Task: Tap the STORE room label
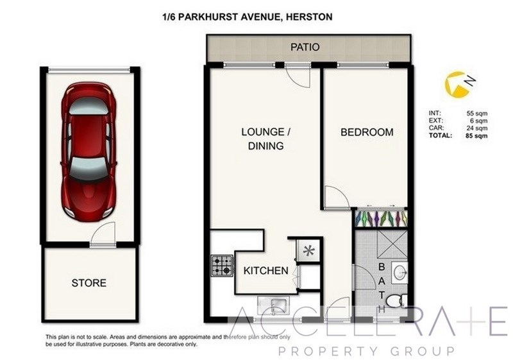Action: pos(89,283)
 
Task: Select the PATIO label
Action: pos(305,47)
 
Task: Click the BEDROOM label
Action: pos(367,132)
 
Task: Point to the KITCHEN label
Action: pos(266,271)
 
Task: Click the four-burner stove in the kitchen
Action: pos(222,266)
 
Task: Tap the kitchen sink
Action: pos(274,305)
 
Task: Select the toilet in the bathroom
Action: pos(396,301)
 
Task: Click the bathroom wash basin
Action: pos(400,272)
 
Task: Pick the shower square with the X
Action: pos(392,245)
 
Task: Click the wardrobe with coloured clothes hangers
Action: pos(381,218)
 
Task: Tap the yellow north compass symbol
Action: pos(457,85)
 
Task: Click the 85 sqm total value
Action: pos(476,136)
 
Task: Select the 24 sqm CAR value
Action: pos(477,128)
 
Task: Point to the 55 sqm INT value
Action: pos(477,114)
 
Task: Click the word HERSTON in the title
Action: pos(309,17)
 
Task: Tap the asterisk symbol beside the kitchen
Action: pos(309,251)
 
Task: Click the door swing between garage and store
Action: pos(103,233)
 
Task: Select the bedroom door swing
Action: pos(337,198)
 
